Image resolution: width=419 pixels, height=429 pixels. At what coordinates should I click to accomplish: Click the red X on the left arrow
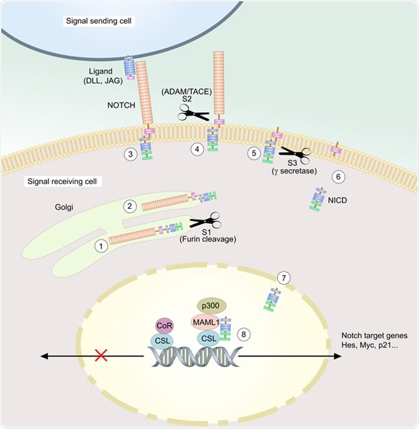(100, 356)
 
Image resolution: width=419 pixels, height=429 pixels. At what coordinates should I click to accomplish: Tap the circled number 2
(130, 206)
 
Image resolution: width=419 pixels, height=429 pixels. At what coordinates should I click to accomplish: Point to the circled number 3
(131, 153)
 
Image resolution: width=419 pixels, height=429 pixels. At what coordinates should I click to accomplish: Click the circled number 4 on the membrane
(197, 150)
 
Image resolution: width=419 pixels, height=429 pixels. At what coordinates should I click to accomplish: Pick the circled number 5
(253, 152)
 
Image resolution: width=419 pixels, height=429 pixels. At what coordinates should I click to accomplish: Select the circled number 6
(339, 177)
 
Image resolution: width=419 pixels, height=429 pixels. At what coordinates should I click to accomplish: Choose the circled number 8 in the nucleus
(245, 334)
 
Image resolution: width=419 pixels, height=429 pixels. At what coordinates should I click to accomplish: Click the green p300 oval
(212, 306)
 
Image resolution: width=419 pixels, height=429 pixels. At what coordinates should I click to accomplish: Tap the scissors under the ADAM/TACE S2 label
(194, 113)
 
